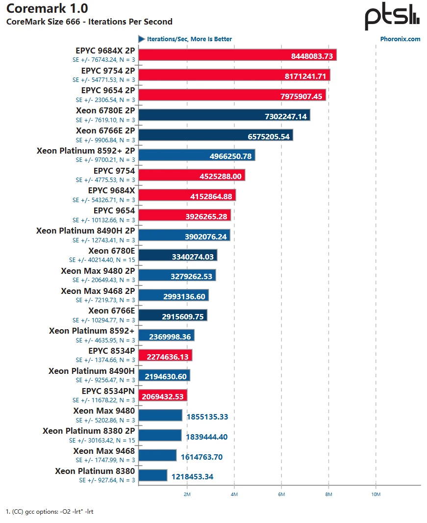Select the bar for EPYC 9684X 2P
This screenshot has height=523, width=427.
[237, 55]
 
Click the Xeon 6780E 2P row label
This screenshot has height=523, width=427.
[105, 110]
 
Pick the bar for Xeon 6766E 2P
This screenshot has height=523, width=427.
[216, 135]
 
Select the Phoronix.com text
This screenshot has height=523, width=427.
[400, 39]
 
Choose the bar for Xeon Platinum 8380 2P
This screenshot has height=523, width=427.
[160, 435]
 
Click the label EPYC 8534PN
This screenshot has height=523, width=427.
[108, 391]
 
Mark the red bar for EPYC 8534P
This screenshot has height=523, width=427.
[165, 355]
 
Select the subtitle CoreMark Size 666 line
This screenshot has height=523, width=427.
[89, 22]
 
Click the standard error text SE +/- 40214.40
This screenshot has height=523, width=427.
[102, 260]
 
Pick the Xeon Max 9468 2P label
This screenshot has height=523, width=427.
[98, 290]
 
